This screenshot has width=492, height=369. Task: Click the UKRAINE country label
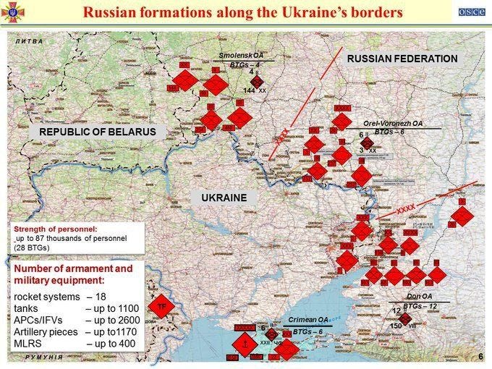click(x=224, y=198)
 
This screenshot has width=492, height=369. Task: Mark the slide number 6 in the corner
click(x=480, y=357)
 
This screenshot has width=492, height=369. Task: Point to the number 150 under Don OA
click(x=396, y=326)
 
